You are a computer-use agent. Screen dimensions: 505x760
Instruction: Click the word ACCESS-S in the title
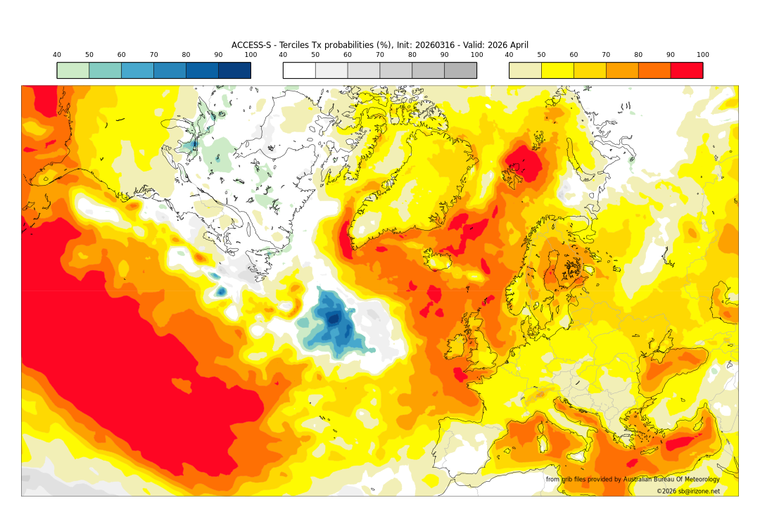(x=251, y=45)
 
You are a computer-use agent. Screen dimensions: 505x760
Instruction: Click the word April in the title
(x=517, y=45)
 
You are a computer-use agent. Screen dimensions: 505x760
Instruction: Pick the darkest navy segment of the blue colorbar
(x=234, y=70)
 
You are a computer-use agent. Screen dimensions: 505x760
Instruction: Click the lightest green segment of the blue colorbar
(x=73, y=70)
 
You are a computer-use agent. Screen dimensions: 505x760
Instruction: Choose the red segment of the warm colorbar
(x=686, y=70)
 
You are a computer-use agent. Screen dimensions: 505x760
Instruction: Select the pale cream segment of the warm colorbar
(x=525, y=70)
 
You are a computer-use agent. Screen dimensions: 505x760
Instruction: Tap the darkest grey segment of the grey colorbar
(x=460, y=70)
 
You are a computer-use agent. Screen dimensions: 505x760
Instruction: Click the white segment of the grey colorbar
(x=299, y=70)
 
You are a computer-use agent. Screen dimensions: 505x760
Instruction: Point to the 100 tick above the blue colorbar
(x=251, y=55)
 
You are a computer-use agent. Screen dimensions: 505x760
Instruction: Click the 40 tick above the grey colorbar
(x=283, y=55)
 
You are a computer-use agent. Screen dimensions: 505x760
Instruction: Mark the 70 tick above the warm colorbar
(x=606, y=55)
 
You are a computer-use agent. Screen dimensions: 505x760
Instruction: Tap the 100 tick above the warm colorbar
(x=702, y=55)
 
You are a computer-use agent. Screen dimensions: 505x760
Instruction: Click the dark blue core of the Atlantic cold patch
(x=334, y=319)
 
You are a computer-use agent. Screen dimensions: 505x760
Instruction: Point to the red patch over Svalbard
(x=524, y=163)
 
